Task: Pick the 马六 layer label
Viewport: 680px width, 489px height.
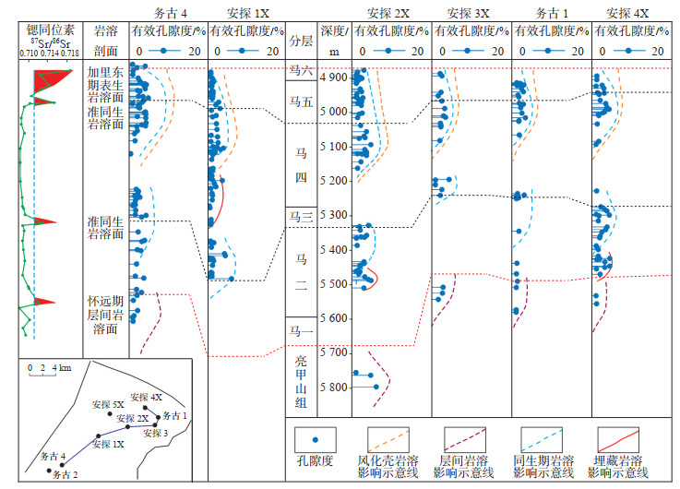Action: point(301,70)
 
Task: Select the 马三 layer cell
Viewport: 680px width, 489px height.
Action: point(301,218)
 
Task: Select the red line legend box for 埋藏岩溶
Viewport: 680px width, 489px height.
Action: point(618,439)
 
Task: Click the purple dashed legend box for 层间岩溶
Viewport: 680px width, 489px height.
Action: point(466,439)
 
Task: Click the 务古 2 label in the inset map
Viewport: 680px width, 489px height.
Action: point(68,474)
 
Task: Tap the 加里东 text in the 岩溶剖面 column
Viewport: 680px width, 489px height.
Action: point(105,71)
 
